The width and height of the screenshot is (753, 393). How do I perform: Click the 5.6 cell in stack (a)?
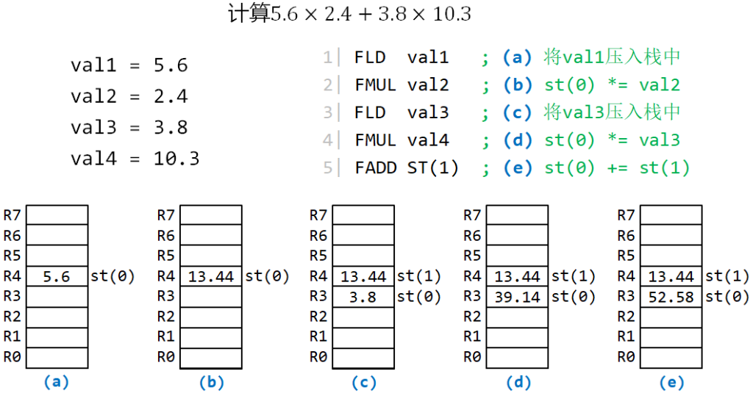(x=57, y=276)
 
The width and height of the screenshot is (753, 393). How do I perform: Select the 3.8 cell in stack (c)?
(x=363, y=297)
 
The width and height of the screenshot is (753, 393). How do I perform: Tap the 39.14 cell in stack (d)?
(x=517, y=297)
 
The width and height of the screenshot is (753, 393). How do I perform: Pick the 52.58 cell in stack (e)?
(x=671, y=297)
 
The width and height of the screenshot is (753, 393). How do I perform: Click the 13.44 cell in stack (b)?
(x=211, y=276)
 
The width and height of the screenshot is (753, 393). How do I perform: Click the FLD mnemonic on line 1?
(x=370, y=57)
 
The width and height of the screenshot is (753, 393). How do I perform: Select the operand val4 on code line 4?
(x=428, y=140)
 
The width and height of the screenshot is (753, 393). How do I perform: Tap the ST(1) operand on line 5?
(x=432, y=168)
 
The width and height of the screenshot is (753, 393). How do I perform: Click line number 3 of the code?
(x=327, y=112)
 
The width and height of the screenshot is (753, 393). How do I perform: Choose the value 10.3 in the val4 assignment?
(x=176, y=159)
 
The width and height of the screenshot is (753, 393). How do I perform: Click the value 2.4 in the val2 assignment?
(x=171, y=96)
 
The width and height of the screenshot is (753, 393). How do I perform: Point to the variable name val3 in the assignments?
(x=93, y=128)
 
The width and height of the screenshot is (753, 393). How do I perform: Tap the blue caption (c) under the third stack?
(x=363, y=383)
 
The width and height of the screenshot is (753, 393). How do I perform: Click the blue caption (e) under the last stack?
(x=671, y=383)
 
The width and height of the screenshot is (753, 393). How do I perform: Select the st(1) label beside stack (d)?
(x=574, y=276)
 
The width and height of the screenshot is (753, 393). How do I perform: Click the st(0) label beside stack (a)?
(x=113, y=276)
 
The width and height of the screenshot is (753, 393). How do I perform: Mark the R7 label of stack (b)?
(x=165, y=215)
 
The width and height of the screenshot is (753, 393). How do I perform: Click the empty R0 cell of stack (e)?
(x=671, y=358)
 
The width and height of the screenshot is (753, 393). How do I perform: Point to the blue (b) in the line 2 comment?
(x=518, y=85)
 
